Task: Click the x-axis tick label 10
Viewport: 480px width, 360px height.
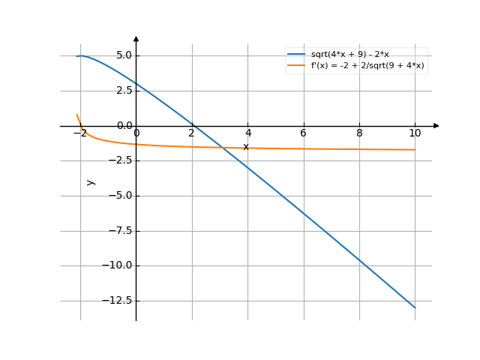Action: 415,133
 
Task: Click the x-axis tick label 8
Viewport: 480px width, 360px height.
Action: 359,133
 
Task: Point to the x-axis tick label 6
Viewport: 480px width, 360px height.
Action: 303,133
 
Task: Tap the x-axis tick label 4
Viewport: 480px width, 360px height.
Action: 247,133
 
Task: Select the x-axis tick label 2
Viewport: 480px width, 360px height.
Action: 192,133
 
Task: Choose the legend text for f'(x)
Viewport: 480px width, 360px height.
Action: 367,66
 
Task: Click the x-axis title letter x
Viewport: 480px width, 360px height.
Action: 245,146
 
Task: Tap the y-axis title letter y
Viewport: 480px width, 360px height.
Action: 91,181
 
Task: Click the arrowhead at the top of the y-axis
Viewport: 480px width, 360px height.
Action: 136,37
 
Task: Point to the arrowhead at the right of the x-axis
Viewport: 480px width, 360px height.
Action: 437,126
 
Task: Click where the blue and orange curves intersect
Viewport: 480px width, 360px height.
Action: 224,147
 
